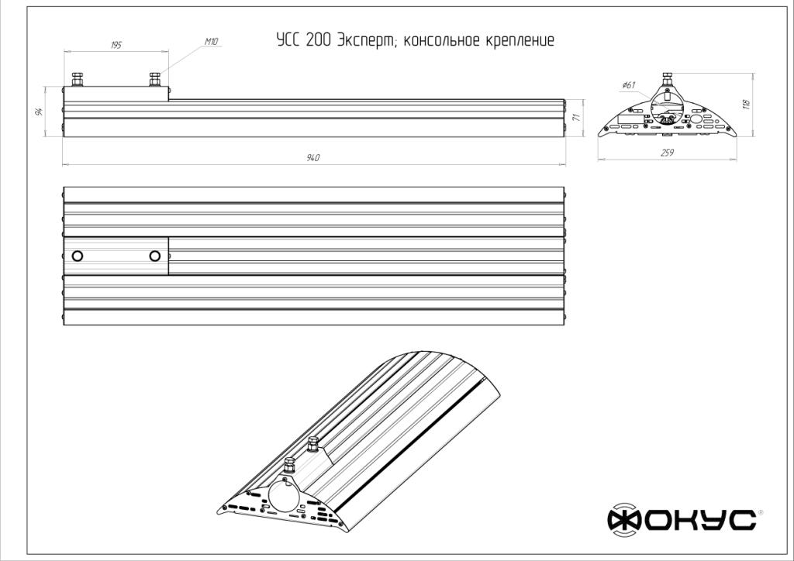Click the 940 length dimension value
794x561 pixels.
[x=313, y=158]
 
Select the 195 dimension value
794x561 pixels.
[x=116, y=46]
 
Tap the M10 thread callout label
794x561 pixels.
[x=211, y=42]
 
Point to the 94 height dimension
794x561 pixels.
[x=39, y=112]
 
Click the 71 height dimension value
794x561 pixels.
[x=576, y=117]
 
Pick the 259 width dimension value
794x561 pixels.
[x=667, y=153]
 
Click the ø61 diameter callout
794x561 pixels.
[x=628, y=85]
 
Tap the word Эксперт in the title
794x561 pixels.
[x=367, y=40]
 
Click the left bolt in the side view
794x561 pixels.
[x=78, y=79]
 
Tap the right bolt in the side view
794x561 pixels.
[x=155, y=79]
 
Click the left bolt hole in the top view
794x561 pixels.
[x=78, y=256]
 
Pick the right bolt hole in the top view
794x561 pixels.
[x=155, y=256]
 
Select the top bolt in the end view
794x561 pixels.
[x=667, y=79]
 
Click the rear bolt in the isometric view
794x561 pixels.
[x=313, y=444]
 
